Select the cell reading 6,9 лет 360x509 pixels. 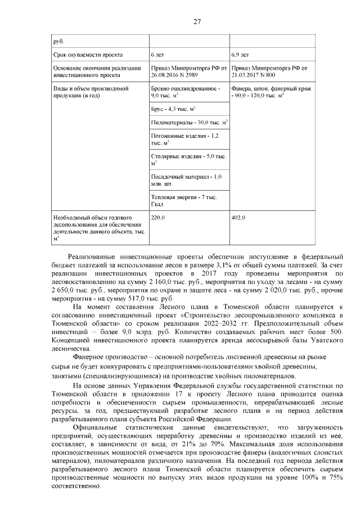click(x=240, y=55)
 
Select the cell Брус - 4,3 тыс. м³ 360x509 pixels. click(x=173, y=107)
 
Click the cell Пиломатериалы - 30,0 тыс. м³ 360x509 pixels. click(x=189, y=122)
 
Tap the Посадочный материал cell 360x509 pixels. click(x=187, y=179)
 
